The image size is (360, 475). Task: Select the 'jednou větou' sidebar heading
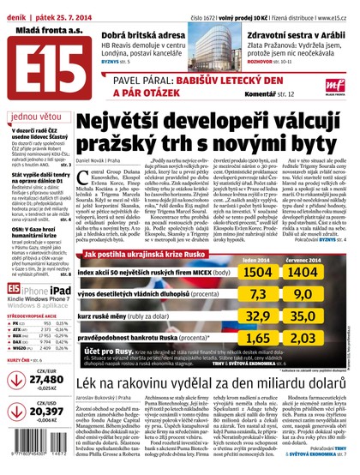point(33,117)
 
